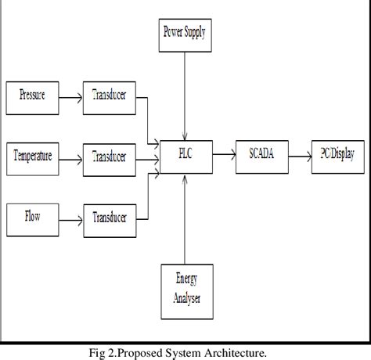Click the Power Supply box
[x=185, y=34]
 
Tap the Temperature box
[x=32, y=157]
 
